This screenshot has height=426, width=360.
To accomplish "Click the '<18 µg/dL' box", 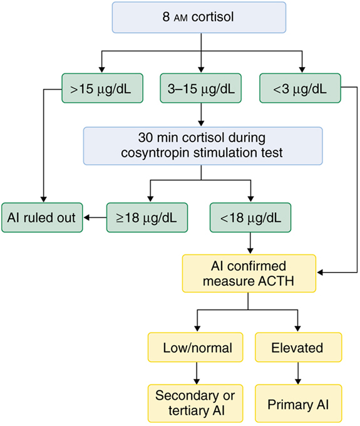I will click(250, 218).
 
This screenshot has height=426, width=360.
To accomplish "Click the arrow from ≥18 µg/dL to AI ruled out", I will click(95, 218).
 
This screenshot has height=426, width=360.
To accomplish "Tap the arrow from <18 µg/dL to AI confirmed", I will click(250, 243).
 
